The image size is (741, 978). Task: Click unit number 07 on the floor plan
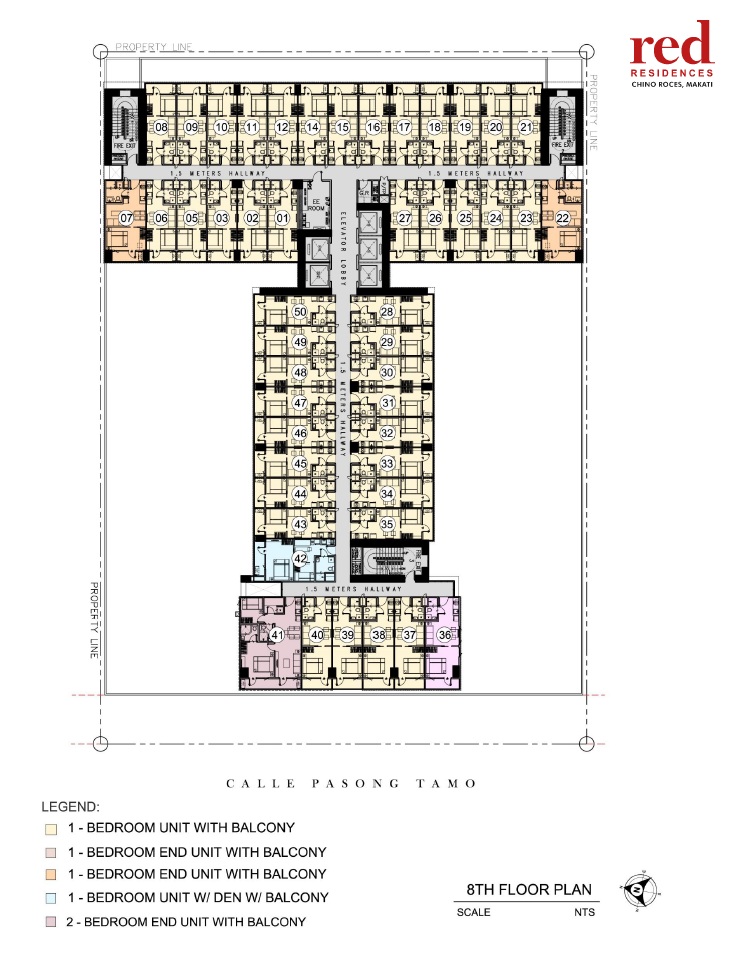[x=126, y=217]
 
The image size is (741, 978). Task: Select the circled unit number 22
[x=563, y=217]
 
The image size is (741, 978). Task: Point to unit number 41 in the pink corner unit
[x=278, y=635]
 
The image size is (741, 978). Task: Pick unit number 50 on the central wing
[x=299, y=312]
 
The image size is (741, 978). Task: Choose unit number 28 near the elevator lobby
[x=388, y=312]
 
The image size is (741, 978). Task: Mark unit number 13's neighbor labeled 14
[x=312, y=127]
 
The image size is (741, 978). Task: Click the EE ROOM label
[x=317, y=206]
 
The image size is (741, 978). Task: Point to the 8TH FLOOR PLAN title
[x=530, y=889]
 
